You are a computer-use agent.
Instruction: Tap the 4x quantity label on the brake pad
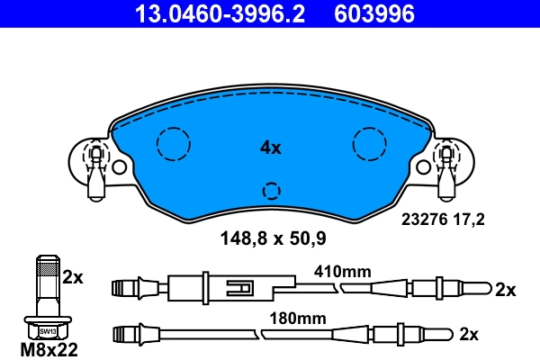(x=270, y=148)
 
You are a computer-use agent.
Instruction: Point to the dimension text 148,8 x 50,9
(x=274, y=239)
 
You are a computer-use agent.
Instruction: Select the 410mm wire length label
(x=342, y=270)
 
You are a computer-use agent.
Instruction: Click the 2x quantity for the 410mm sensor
(x=505, y=289)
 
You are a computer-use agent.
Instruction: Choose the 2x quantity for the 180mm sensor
(x=468, y=334)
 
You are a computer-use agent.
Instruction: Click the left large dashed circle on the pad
(x=172, y=143)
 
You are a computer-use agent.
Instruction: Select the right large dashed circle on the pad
(x=369, y=143)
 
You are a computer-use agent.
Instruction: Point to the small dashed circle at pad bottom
(x=270, y=191)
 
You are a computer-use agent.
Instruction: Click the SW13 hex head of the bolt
(x=47, y=328)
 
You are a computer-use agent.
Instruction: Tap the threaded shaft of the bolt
(x=47, y=283)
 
